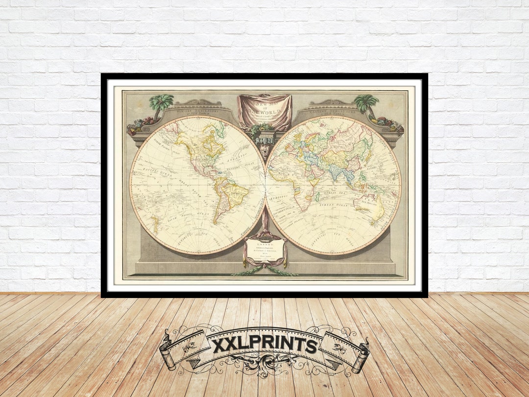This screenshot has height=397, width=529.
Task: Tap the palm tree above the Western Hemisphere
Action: (161, 104)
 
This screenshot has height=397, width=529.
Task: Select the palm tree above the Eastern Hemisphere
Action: (366, 104)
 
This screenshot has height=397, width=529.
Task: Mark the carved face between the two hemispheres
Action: (264, 147)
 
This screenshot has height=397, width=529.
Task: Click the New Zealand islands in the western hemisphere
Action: (156, 224)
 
